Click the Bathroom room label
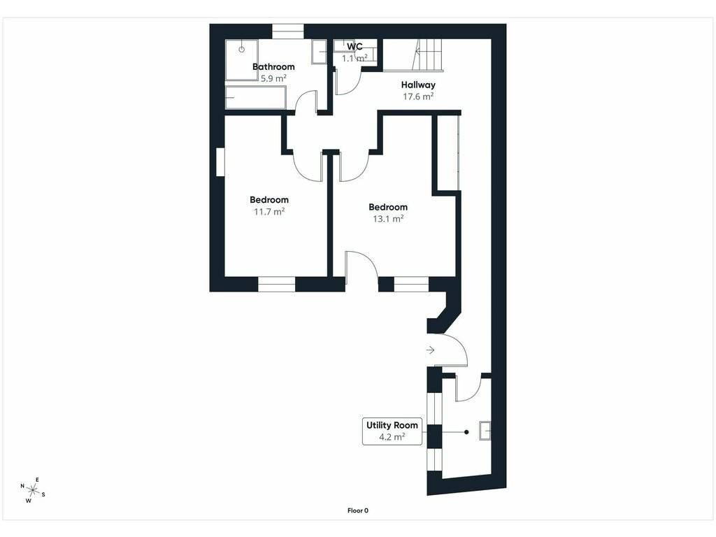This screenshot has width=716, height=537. coord(273,66)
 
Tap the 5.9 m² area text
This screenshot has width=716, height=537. coord(273,78)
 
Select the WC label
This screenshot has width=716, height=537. coord(355,47)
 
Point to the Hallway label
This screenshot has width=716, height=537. coord(418,85)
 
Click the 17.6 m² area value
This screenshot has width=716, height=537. coord(418,96)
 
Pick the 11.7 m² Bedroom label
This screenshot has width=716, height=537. coord(269,200)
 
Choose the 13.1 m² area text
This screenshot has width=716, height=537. coord(388,219)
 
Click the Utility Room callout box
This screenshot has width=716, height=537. coord(392,431)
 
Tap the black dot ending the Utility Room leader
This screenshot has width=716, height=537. coord(466,432)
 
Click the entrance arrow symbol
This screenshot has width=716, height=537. coord(430,350)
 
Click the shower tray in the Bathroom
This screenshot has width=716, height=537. coord(241,60)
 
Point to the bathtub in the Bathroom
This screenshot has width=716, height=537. coord(256,98)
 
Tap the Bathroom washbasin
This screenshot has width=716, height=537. coord(319,52)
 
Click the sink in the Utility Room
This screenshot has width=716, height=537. coord(485,431)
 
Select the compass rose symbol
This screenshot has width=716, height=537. coord(32,490)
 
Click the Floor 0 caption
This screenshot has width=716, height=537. coord(357,510)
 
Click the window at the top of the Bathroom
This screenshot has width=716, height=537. coord(288,31)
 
